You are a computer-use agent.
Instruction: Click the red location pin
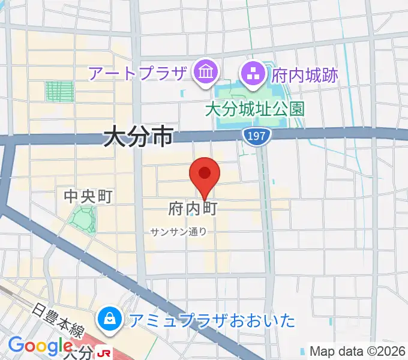(x=205, y=175)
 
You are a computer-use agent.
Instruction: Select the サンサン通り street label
(x=179, y=232)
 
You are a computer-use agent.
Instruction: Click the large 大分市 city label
(x=138, y=137)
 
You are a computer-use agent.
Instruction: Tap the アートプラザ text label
(x=137, y=74)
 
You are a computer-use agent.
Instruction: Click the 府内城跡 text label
(x=305, y=75)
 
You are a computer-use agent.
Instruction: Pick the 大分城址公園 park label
(x=254, y=109)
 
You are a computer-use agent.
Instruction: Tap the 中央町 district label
(x=89, y=196)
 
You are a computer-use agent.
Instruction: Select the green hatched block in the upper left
(x=59, y=91)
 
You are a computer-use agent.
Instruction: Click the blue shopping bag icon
(x=110, y=318)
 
